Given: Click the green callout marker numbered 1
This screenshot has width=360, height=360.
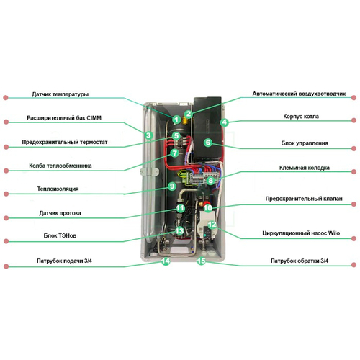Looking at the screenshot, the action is click(176, 120).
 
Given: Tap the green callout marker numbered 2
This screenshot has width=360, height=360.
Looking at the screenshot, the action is click(189, 114).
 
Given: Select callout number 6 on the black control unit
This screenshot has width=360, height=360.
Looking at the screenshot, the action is click(208, 143).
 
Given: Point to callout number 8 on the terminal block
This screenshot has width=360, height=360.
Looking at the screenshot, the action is click(211, 180).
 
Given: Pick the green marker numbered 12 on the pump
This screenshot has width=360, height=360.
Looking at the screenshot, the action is click(212, 225).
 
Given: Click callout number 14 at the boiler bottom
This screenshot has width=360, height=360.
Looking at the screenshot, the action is click(166, 261).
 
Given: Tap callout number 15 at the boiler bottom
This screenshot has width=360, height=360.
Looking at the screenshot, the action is click(202, 261).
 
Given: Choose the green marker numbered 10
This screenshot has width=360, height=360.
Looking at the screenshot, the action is click(208, 208).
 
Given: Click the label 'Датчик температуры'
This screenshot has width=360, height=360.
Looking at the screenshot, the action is click(60, 94).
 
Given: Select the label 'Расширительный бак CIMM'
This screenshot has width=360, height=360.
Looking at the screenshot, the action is click(64, 118).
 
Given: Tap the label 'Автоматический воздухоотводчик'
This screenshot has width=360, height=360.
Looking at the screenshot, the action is click(299, 94).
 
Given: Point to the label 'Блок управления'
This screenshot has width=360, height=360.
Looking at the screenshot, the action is click(305, 143).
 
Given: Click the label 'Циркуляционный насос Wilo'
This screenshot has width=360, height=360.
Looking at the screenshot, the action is click(301, 233).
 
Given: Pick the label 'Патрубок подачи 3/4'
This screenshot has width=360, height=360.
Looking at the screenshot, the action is click(64, 261).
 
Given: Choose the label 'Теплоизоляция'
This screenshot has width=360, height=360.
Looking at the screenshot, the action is click(58, 189).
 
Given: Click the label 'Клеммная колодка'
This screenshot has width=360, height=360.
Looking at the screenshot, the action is click(304, 168).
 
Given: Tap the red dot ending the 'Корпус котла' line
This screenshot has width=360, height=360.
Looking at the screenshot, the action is click(354, 120).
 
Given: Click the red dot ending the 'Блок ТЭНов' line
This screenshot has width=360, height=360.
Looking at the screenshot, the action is click(6, 241).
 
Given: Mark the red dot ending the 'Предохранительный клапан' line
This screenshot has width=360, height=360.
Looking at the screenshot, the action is click(354, 204).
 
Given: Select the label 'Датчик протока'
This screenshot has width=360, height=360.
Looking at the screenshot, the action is click(60, 213).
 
